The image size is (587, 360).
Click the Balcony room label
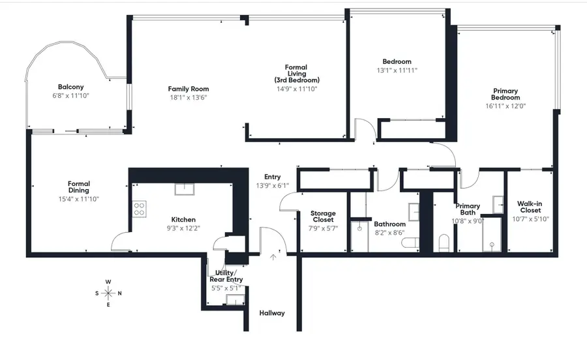pos(70,87)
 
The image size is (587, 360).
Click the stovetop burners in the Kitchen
pos(140,209)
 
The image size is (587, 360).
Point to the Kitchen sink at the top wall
pos(183,189)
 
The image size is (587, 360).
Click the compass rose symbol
pos(108,293)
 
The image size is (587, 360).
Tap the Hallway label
pos(272,313)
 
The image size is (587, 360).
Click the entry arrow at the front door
pos(273,257)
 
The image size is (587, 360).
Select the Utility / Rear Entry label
pos(226,276)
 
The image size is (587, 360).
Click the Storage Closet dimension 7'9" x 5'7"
pos(323,228)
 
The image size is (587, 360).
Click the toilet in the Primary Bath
pos(445,243)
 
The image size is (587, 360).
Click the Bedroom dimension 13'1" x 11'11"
pos(397,70)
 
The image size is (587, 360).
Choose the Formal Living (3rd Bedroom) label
pos(296,74)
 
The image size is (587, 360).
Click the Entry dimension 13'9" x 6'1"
pos(272,186)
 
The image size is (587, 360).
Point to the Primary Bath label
pos(467,209)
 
